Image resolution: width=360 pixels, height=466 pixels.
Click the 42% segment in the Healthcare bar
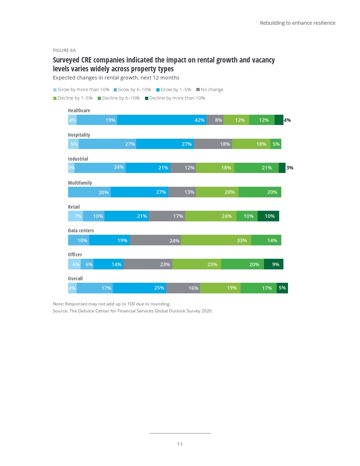162,120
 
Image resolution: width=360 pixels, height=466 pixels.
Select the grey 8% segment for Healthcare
215,120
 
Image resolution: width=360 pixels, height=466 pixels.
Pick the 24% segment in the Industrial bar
100,168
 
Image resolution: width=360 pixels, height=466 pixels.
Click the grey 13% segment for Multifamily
182,192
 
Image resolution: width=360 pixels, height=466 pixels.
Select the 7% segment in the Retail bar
76,216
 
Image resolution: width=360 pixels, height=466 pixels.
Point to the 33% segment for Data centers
216,240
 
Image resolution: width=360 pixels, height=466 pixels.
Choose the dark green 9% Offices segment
274,264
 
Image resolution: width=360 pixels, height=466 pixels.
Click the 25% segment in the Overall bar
139,288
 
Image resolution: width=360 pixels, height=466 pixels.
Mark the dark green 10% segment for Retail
268,216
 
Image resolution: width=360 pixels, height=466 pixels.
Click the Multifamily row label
80,183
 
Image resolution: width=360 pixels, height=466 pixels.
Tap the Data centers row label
81,231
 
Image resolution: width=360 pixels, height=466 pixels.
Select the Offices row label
75,255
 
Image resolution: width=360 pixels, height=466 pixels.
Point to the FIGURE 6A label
64,50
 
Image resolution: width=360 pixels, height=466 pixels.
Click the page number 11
180,444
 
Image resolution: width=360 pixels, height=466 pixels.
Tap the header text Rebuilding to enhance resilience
298,23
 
